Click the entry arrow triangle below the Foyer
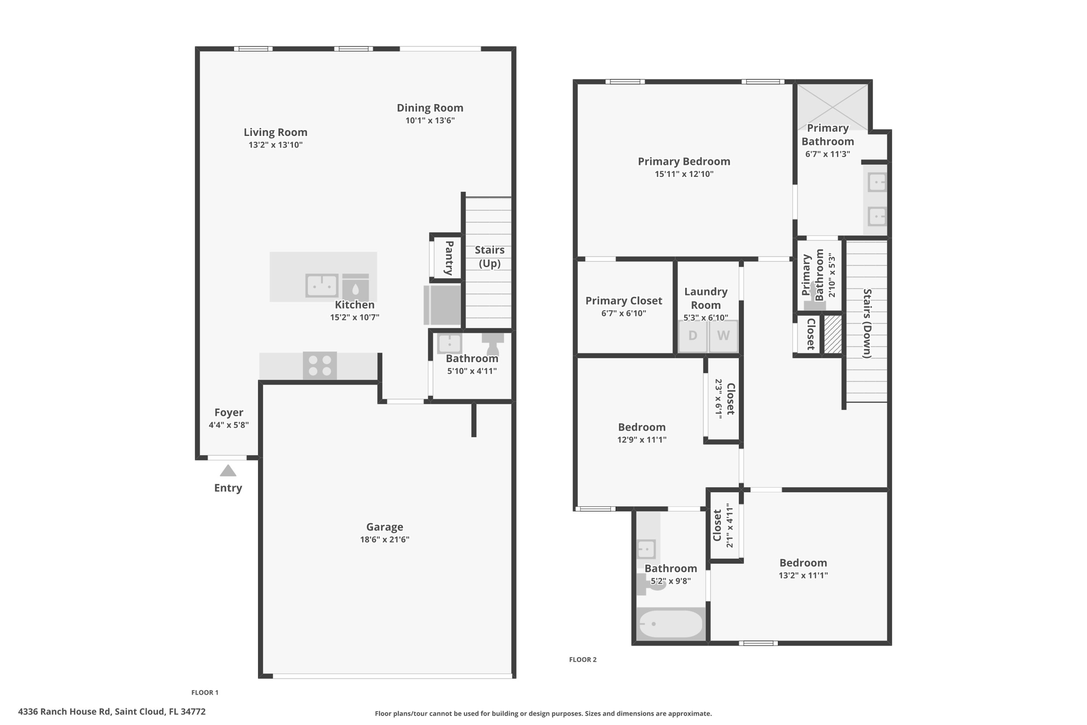click(x=228, y=471)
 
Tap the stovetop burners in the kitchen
click(x=320, y=365)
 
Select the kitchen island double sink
click(x=322, y=286)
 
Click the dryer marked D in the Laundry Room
click(x=693, y=336)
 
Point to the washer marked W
click(x=723, y=336)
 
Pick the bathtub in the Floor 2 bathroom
click(x=671, y=624)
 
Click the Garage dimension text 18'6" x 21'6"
click(x=385, y=540)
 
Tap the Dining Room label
click(x=430, y=108)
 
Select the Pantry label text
click(x=449, y=258)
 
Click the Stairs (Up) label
click(x=489, y=257)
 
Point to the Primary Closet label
click(x=624, y=301)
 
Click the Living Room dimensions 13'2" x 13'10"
click(x=275, y=145)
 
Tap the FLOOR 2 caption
click(x=583, y=660)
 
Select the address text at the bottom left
click(x=112, y=712)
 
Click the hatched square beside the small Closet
click(x=833, y=335)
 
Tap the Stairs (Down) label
click(x=867, y=323)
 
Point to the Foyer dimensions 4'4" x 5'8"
click(x=229, y=425)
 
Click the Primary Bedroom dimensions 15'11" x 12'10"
click(x=684, y=174)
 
